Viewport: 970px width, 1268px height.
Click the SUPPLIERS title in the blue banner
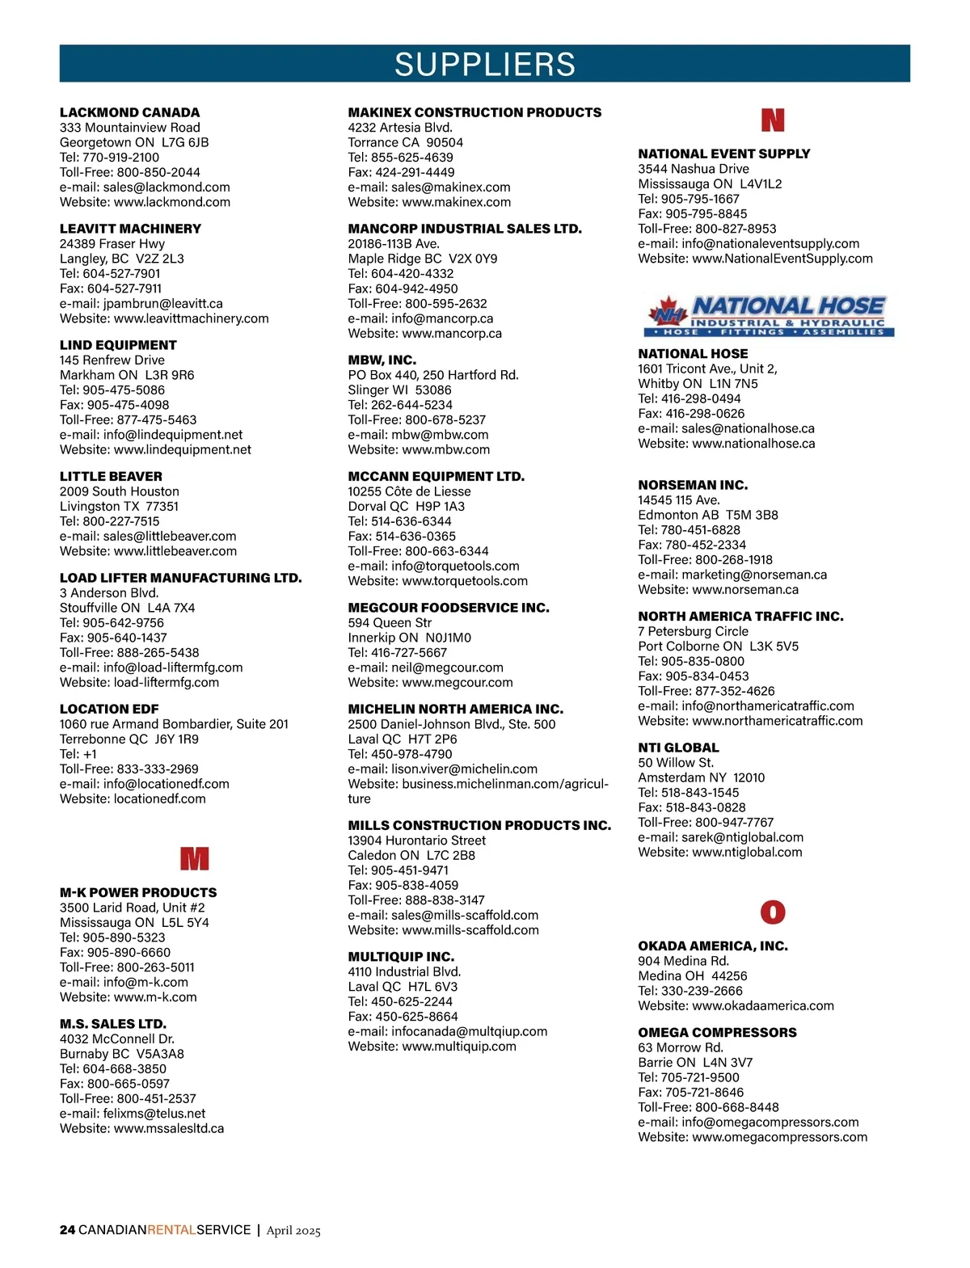485,64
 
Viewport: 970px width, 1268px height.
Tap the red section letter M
194,858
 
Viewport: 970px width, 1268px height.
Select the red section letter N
773,120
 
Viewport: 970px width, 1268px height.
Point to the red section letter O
773,912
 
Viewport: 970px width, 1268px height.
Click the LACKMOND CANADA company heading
129,112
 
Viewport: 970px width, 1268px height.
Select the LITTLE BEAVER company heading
111,476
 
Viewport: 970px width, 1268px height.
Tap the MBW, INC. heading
382,360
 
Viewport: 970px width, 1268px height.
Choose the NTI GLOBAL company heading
678,748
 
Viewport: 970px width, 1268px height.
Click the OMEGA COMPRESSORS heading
717,1032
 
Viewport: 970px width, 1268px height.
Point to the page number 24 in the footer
67,1230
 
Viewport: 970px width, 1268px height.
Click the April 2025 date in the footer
293,1231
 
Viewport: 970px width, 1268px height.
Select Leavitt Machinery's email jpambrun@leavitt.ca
163,304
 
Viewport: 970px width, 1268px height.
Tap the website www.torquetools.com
465,581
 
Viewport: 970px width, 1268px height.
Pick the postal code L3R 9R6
170,375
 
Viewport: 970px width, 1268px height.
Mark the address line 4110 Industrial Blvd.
404,971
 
